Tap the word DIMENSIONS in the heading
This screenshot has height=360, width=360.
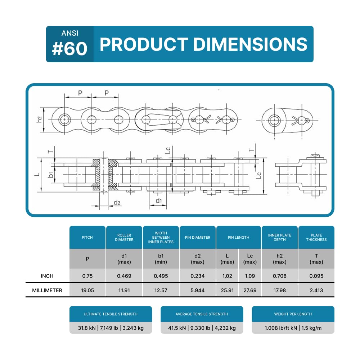250,44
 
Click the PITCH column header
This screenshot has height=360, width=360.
87,237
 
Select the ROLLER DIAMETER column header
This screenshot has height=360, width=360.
124,237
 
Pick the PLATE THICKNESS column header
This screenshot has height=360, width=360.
316,237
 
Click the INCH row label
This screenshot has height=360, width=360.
47,276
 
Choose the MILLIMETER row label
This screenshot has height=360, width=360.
47,290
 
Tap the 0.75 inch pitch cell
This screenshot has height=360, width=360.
87,276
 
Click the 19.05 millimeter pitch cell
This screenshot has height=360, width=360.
87,290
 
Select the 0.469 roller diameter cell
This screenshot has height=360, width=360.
124,276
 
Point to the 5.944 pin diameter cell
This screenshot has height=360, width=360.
198,290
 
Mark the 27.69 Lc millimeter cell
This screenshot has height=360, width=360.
250,290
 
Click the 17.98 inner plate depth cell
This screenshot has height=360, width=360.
280,290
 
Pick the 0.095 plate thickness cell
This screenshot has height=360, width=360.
316,276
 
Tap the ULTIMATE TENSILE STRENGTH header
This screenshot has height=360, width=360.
111,314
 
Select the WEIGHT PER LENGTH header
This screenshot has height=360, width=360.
293,314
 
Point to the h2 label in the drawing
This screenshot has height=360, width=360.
40,120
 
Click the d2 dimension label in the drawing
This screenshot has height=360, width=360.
117,203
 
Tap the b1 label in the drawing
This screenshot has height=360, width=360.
51,175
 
